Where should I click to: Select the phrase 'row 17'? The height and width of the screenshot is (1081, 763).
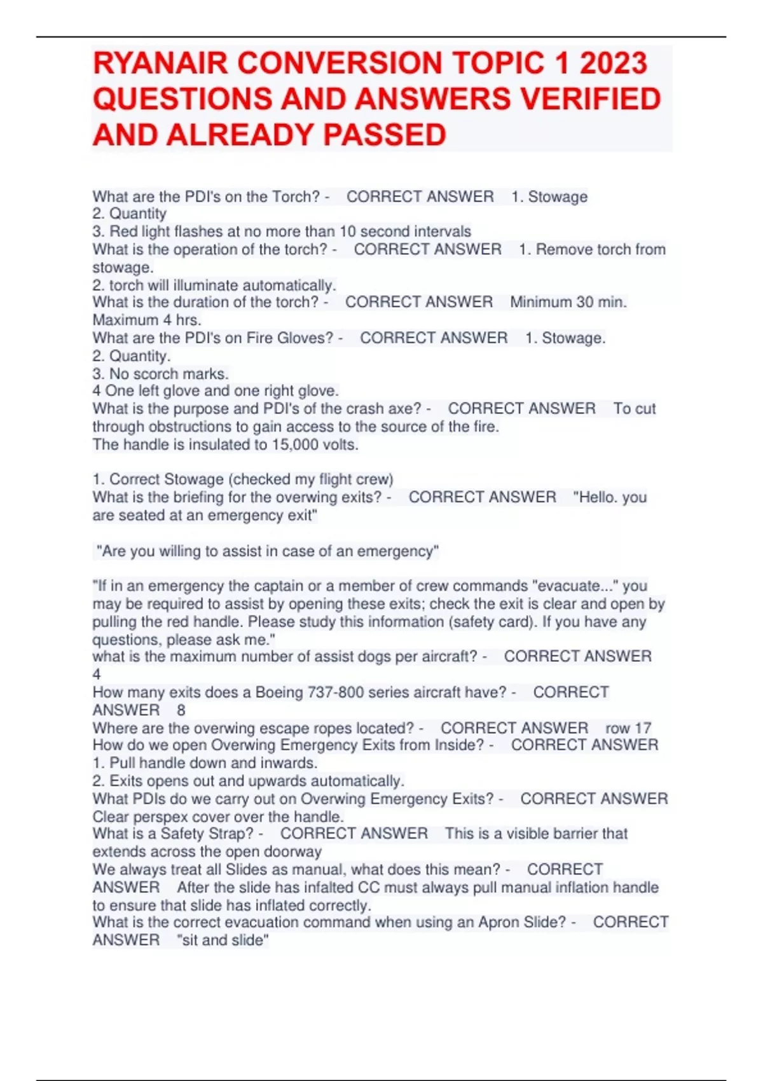pyautogui.click(x=628, y=727)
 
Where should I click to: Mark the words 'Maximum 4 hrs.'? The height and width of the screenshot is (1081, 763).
pyautogui.click(x=147, y=320)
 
